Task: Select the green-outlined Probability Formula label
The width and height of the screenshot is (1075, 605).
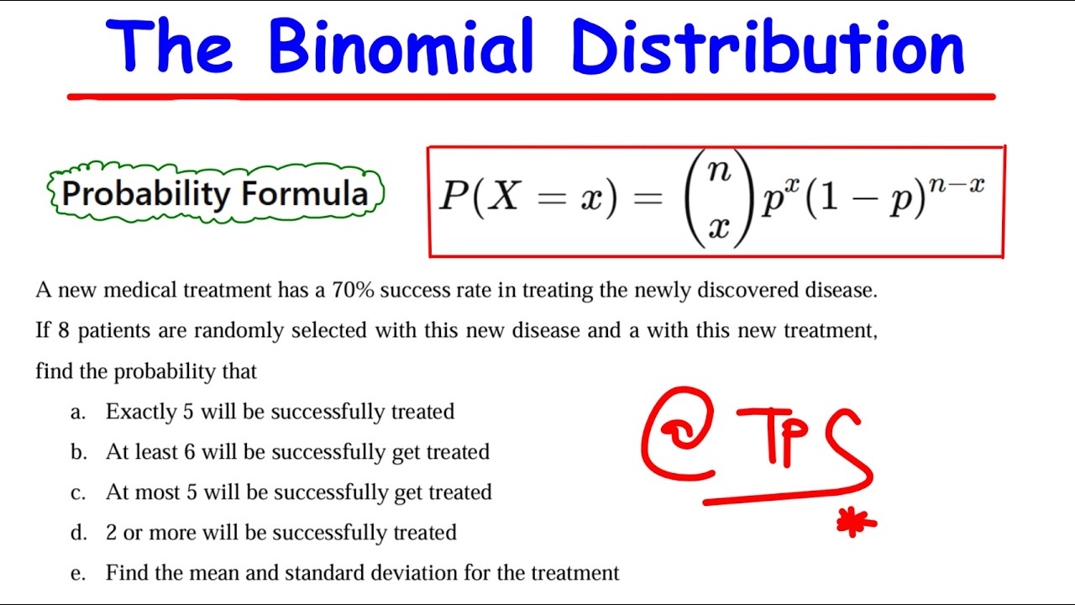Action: click(x=215, y=193)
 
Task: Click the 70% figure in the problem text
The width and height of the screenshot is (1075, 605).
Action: click(x=352, y=291)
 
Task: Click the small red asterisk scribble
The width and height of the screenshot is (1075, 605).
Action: click(x=856, y=523)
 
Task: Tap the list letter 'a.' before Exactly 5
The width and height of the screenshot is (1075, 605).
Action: click(x=78, y=412)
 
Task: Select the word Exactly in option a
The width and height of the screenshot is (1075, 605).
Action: click(x=141, y=412)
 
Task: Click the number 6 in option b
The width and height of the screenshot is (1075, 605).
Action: click(x=190, y=452)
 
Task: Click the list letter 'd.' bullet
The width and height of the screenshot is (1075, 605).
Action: click(x=78, y=533)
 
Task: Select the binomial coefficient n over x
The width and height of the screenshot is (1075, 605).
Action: click(x=718, y=199)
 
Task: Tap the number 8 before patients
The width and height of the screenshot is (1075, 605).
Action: click(x=63, y=331)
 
